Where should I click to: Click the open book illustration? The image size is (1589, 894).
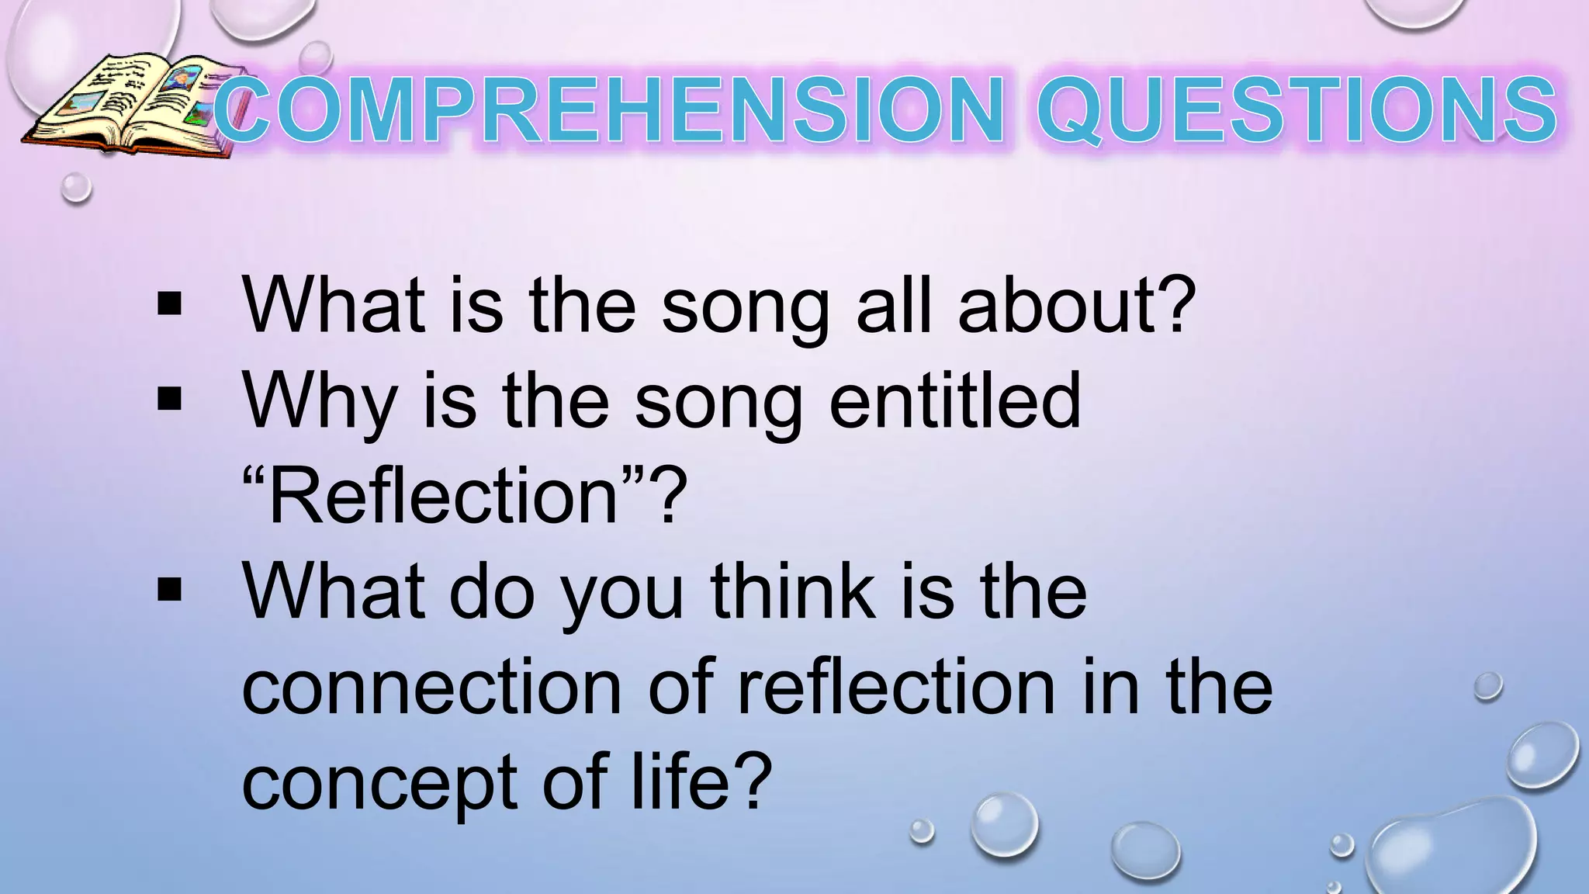128,105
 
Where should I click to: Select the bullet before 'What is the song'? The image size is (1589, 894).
168,304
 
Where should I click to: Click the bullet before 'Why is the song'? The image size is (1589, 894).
168,400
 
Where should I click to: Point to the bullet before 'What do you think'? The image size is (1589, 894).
168,591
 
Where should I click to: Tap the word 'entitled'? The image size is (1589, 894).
954,400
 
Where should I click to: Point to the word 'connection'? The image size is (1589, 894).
431,688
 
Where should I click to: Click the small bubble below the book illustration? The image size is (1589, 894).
76,188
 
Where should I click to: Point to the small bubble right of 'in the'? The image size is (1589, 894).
1488,686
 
